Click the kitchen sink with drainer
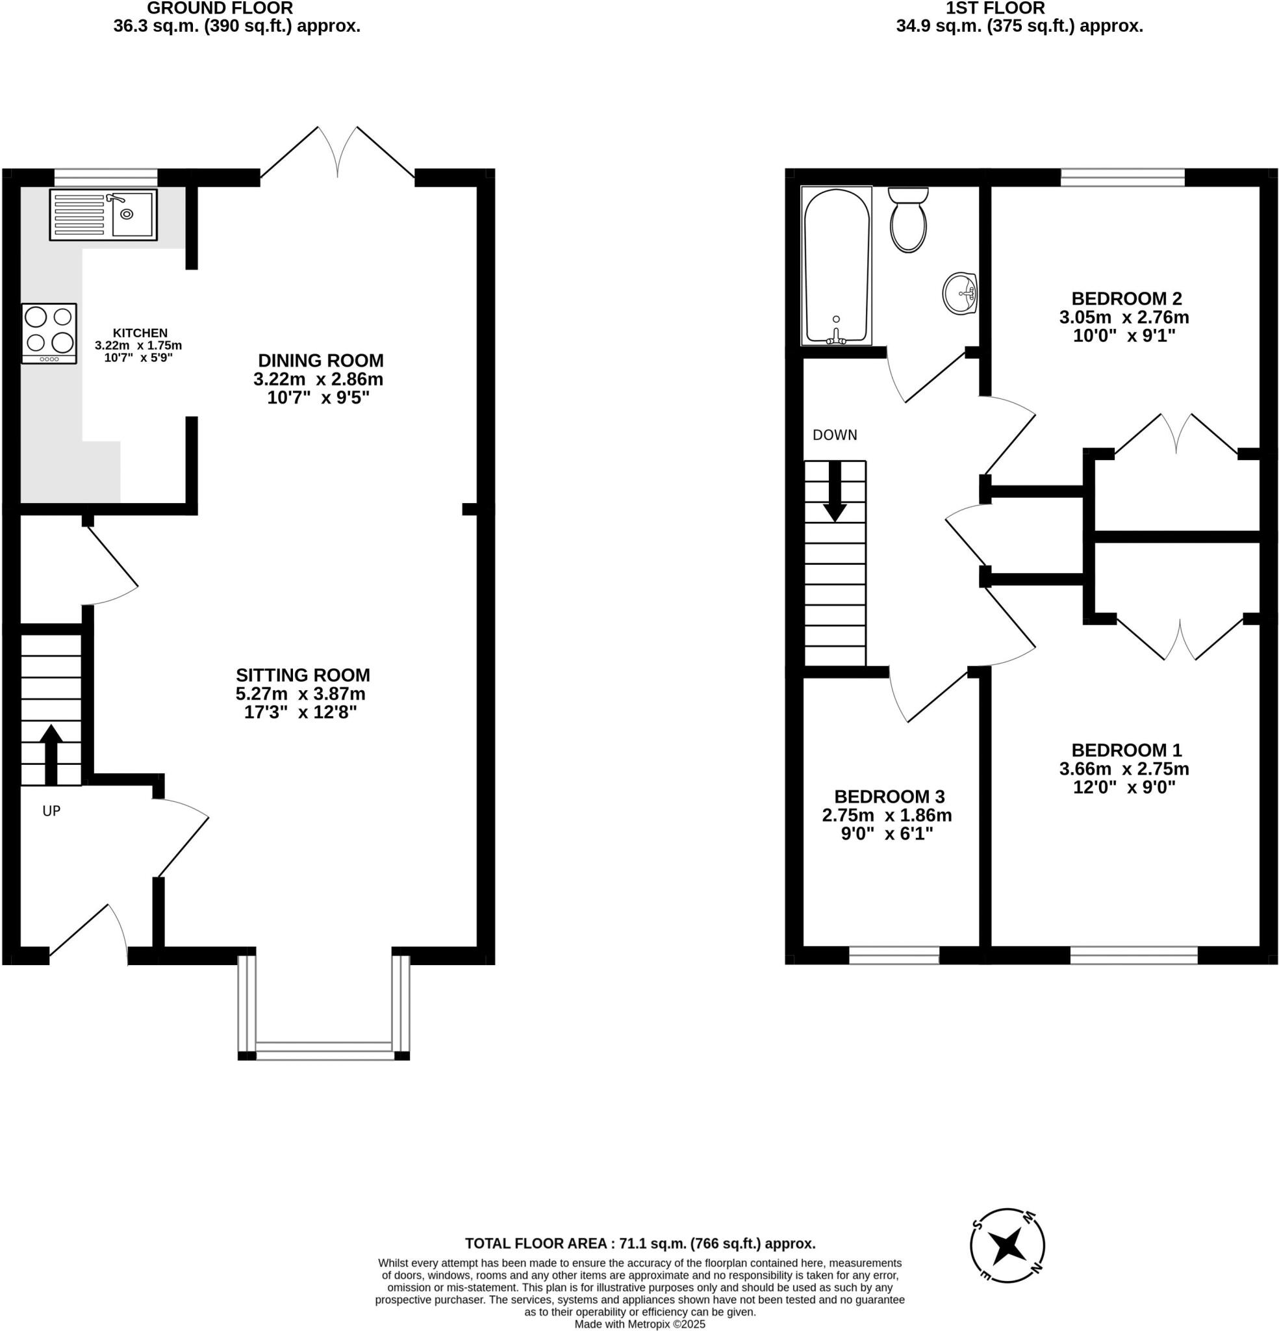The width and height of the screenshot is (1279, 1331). pos(103,214)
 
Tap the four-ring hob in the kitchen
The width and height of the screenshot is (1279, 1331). pos(49,333)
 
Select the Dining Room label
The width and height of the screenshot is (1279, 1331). pos(320,360)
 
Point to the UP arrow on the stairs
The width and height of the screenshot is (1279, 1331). pos(51,754)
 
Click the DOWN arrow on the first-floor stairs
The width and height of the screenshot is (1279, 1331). pos(834,492)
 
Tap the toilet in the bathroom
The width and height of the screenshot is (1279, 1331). pos(907,221)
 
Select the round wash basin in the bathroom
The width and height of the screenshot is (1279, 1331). pos(960,294)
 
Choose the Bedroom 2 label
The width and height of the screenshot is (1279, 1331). pos(1126,298)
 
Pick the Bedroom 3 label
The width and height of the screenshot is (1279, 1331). pos(889,796)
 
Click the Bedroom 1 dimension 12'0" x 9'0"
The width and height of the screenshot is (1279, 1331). pos(1124,787)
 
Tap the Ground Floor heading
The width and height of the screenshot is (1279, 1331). pos(220,9)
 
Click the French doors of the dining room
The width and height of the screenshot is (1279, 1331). pos(337,153)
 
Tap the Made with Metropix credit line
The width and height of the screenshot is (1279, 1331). pos(639,1325)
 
